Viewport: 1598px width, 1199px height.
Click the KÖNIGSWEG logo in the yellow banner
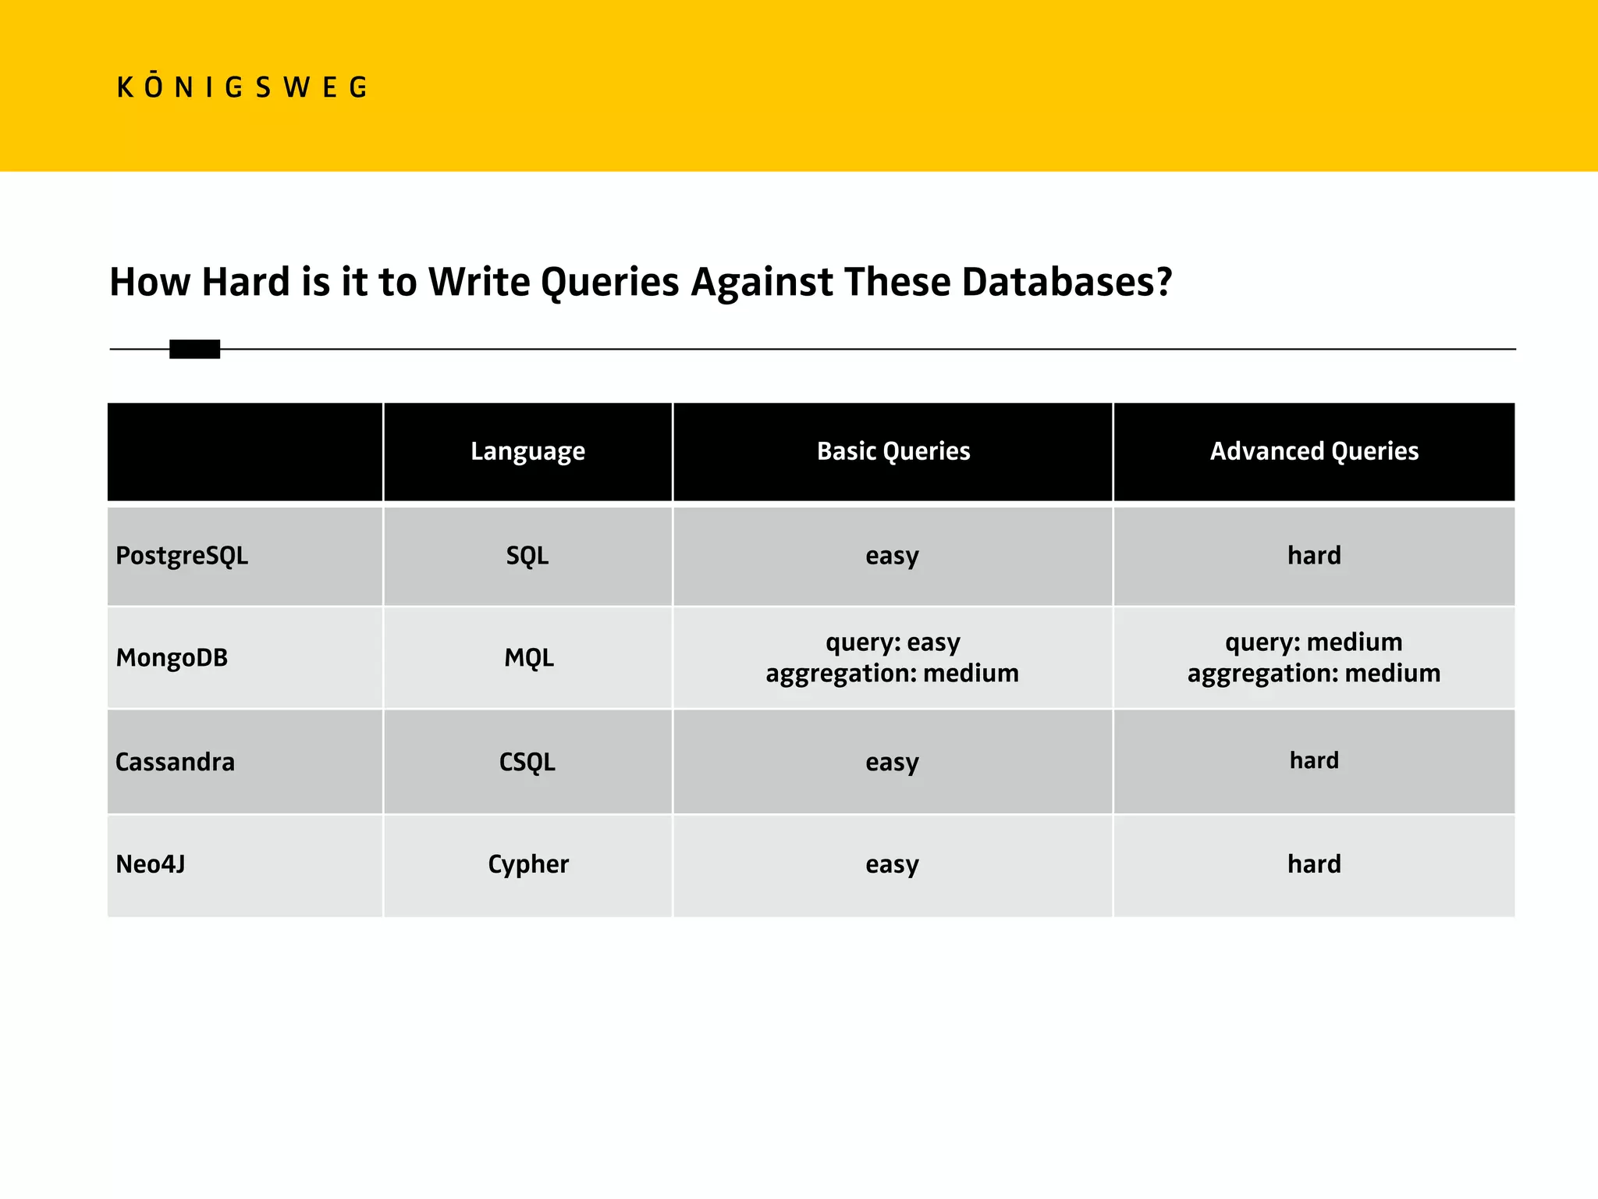242,87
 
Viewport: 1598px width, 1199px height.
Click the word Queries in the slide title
609,283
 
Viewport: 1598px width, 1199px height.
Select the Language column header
527,452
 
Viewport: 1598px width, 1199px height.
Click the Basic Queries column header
893,452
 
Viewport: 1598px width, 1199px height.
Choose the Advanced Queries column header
1314,452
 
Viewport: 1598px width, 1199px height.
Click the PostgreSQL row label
182,556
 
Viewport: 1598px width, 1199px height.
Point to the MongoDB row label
172,658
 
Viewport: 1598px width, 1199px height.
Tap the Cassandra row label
175,762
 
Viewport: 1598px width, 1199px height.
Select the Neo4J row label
151,864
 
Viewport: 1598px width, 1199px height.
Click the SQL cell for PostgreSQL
527,556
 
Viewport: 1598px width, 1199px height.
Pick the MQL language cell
528,658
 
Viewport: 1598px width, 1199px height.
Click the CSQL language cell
527,762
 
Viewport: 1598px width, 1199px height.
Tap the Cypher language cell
528,864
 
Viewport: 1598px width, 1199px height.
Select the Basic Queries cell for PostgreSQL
892,556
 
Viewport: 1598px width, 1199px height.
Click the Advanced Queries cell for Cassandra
1314,760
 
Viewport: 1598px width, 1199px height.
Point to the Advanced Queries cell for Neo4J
1314,864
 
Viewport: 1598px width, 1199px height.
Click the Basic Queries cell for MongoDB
892,657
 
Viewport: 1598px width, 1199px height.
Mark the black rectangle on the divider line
194,349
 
